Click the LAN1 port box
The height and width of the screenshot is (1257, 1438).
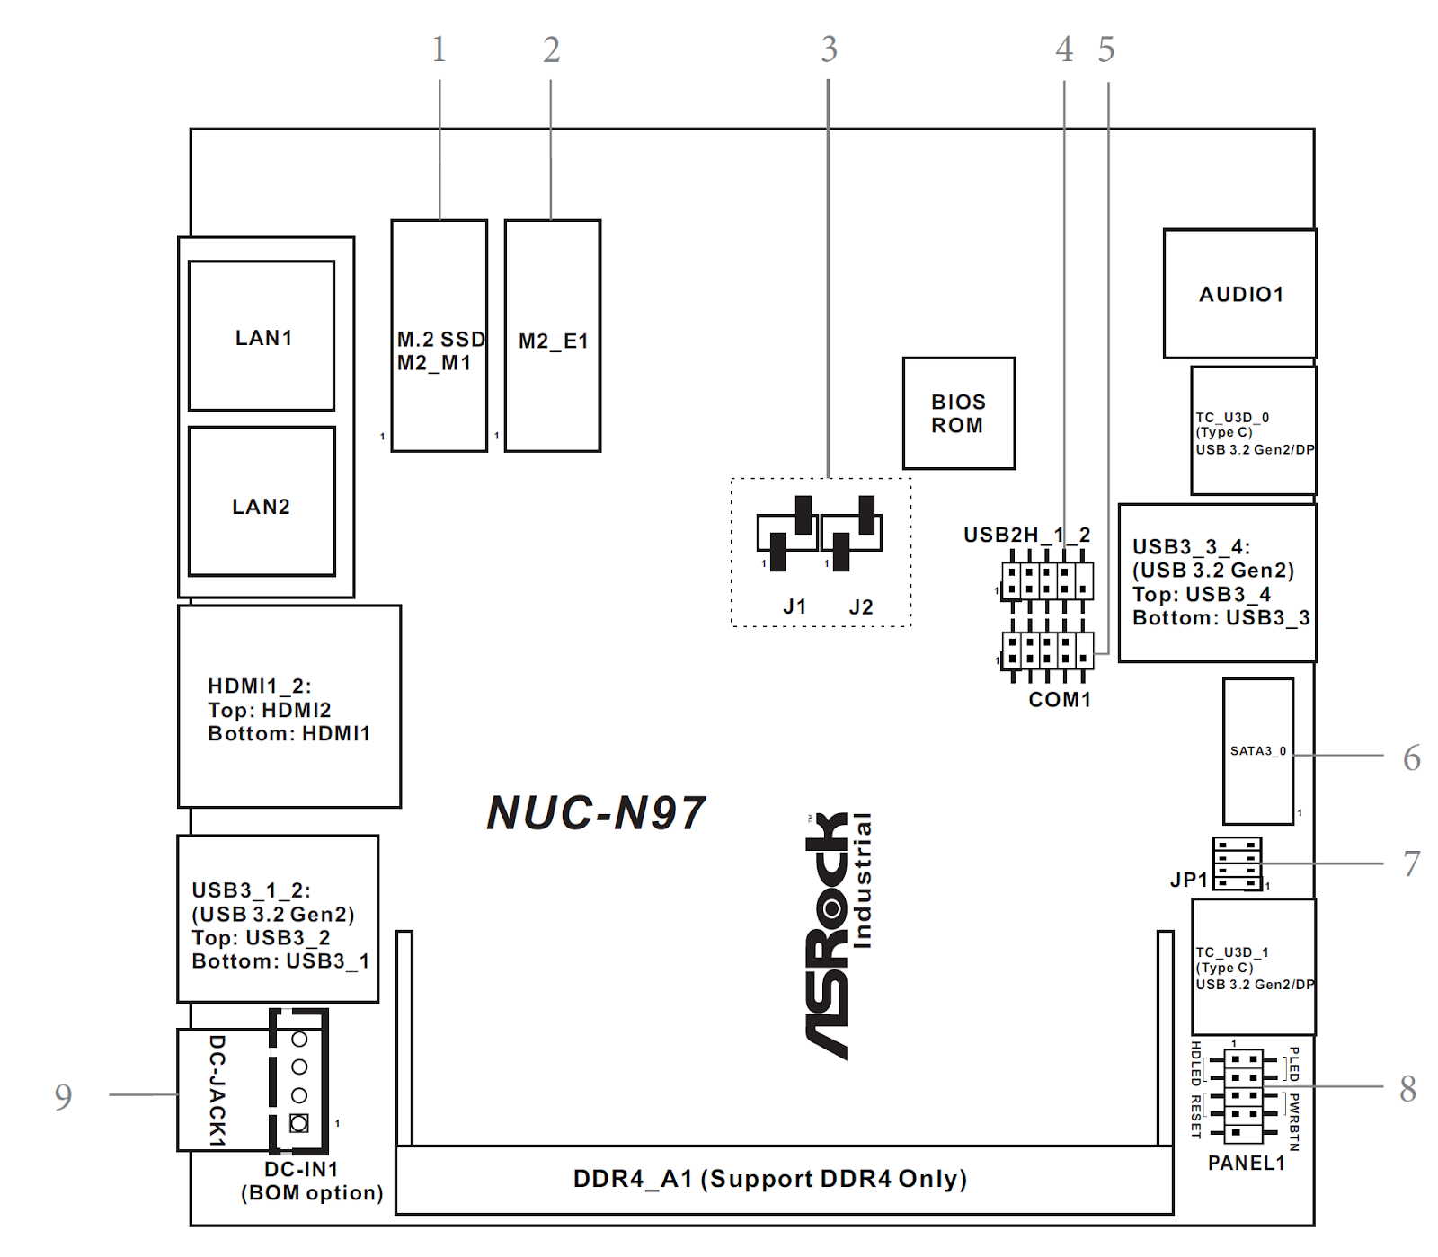click(x=262, y=336)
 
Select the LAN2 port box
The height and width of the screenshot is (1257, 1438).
click(x=262, y=501)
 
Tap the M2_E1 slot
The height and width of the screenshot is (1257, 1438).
click(x=553, y=336)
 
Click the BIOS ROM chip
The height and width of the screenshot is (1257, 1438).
click(x=959, y=413)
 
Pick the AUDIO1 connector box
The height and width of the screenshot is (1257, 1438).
click(x=1240, y=294)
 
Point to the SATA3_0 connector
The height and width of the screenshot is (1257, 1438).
click(x=1258, y=751)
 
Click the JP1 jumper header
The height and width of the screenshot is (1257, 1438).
click(x=1238, y=863)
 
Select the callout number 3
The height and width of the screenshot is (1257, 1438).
click(x=829, y=49)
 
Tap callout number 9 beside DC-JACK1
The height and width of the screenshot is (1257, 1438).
click(x=63, y=1096)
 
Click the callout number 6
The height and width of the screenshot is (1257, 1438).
click(x=1412, y=758)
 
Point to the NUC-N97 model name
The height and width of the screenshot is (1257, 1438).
click(x=596, y=813)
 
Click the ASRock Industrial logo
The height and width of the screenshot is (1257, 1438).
click(x=839, y=934)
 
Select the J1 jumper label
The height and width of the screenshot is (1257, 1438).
click(x=794, y=607)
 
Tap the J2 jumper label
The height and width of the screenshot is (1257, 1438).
click(x=861, y=607)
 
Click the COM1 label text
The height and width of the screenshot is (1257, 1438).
click(x=1060, y=700)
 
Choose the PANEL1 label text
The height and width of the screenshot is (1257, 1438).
click(x=1246, y=1163)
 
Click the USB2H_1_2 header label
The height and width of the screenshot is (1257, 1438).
click(x=1026, y=536)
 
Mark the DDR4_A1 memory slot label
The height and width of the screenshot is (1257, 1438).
click(x=769, y=1179)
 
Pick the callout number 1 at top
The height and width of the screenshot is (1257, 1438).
click(x=439, y=49)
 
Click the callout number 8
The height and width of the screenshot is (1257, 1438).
click(x=1408, y=1089)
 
